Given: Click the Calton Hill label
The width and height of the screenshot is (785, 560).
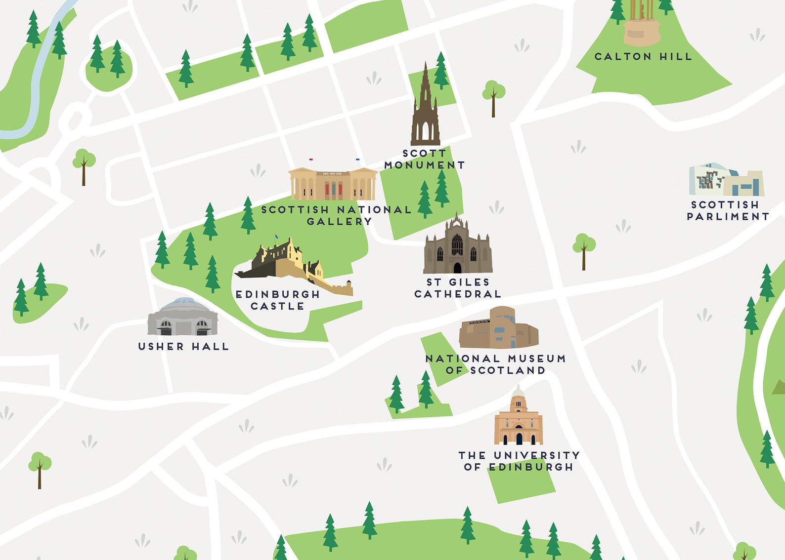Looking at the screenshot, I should [643, 57].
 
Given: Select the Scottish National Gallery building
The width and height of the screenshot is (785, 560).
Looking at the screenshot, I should [333, 184].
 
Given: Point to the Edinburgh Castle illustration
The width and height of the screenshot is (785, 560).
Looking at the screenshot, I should [292, 267].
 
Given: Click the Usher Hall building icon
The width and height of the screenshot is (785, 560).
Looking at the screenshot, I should [182, 317].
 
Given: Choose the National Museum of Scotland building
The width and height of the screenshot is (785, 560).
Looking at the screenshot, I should [498, 328].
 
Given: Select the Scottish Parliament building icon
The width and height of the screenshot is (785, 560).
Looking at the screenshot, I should [726, 181].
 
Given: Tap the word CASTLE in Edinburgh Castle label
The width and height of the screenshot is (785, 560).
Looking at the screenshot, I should [277, 306].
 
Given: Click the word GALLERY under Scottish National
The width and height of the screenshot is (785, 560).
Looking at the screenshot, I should [339, 222].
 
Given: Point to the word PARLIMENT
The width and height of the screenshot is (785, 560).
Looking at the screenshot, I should [728, 217].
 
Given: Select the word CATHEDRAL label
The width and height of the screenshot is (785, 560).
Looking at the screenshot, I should [458, 294].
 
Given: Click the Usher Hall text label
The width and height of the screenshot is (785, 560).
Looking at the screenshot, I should [183, 347].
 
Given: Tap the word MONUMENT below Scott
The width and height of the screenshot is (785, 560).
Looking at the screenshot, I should [425, 165].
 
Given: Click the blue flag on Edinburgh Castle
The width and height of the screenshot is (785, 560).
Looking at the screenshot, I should [277, 237].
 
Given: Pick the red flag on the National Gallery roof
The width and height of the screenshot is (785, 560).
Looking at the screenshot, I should [311, 160].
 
